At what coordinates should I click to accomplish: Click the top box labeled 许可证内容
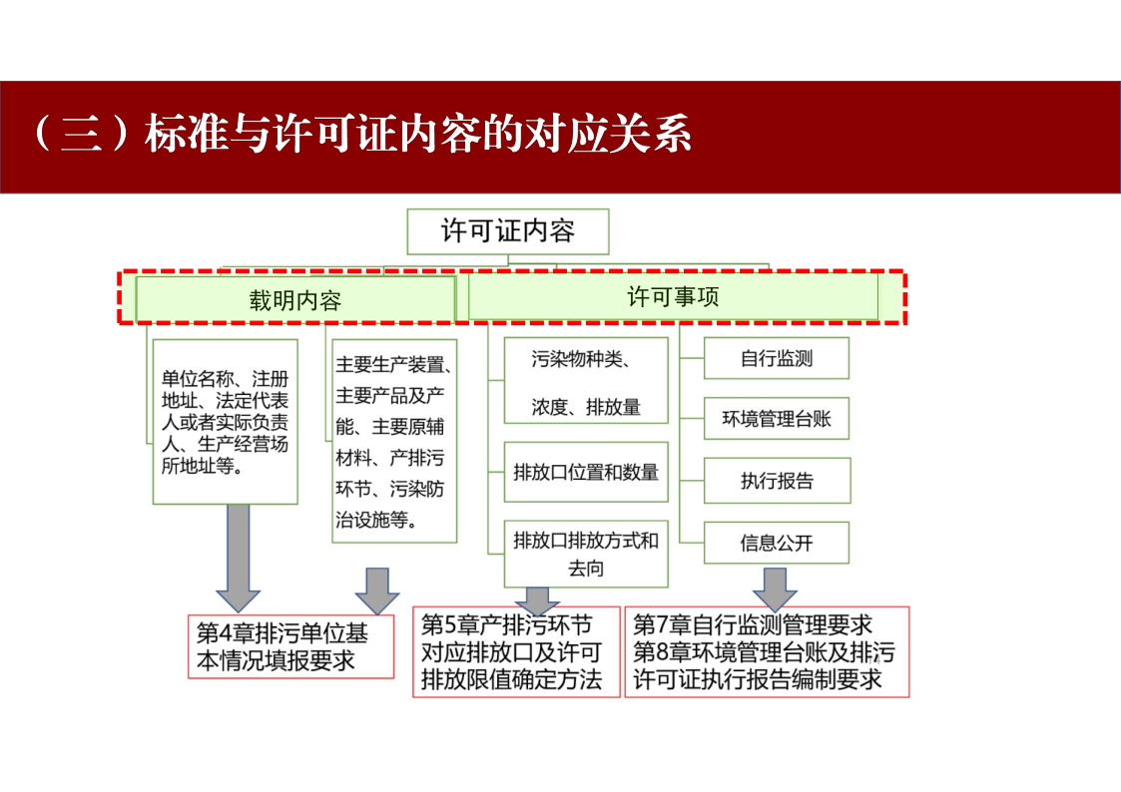click(508, 231)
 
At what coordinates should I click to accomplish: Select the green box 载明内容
click(295, 299)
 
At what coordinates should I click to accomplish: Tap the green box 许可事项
click(673, 296)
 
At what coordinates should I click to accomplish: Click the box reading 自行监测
click(777, 358)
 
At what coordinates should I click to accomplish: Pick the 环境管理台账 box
click(777, 419)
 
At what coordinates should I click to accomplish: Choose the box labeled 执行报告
click(778, 481)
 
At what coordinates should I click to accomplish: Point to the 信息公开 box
click(777, 543)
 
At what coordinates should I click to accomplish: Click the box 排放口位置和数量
click(586, 472)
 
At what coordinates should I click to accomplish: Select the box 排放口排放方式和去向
click(586, 555)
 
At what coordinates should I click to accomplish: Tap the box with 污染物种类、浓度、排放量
click(586, 381)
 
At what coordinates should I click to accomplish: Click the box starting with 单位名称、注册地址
click(226, 422)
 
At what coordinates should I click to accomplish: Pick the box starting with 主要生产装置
click(394, 441)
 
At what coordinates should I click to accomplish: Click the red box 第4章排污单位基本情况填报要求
click(290, 646)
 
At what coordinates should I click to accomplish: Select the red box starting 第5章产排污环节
click(516, 652)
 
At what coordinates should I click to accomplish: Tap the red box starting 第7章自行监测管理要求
click(767, 652)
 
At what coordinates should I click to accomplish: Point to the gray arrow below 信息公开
click(775, 590)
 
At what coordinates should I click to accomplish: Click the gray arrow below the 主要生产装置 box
click(377, 592)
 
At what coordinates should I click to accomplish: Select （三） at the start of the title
click(81, 134)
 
